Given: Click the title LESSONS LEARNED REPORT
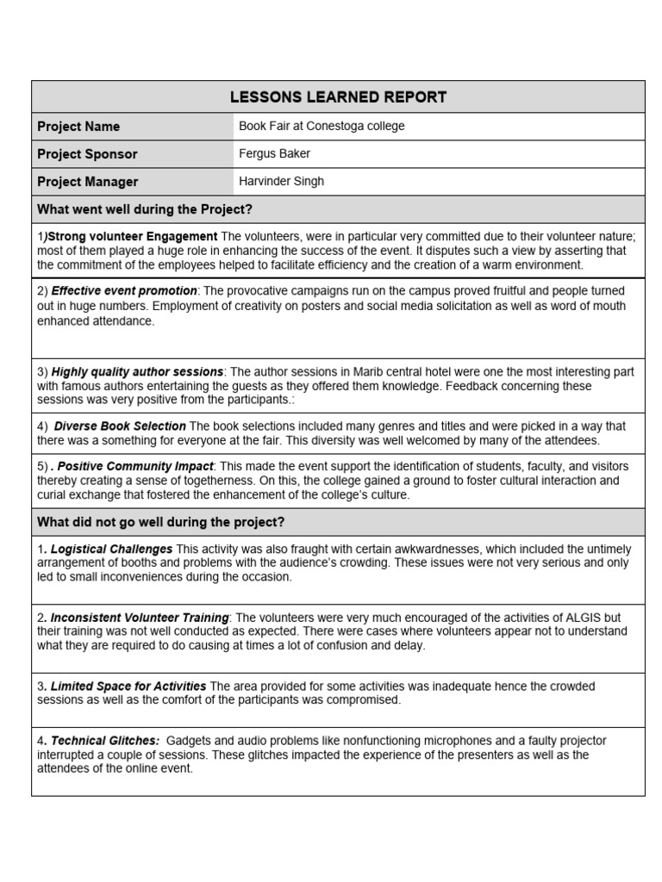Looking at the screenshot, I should (x=338, y=97).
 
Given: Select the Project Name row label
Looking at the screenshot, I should (x=78, y=127).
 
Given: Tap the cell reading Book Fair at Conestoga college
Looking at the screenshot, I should (x=322, y=126).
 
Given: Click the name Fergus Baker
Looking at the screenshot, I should (x=274, y=153).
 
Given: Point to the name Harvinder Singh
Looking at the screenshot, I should (x=281, y=181).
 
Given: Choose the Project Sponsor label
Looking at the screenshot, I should (x=87, y=154).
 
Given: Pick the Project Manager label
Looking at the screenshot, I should (x=87, y=182).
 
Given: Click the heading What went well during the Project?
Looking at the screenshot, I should (x=145, y=209).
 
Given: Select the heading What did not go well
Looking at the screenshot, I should (x=160, y=522).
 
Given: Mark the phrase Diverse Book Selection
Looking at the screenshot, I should (x=120, y=426).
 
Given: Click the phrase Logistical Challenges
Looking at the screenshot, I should (x=111, y=549).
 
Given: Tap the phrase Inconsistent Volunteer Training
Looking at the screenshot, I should (x=140, y=618).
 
